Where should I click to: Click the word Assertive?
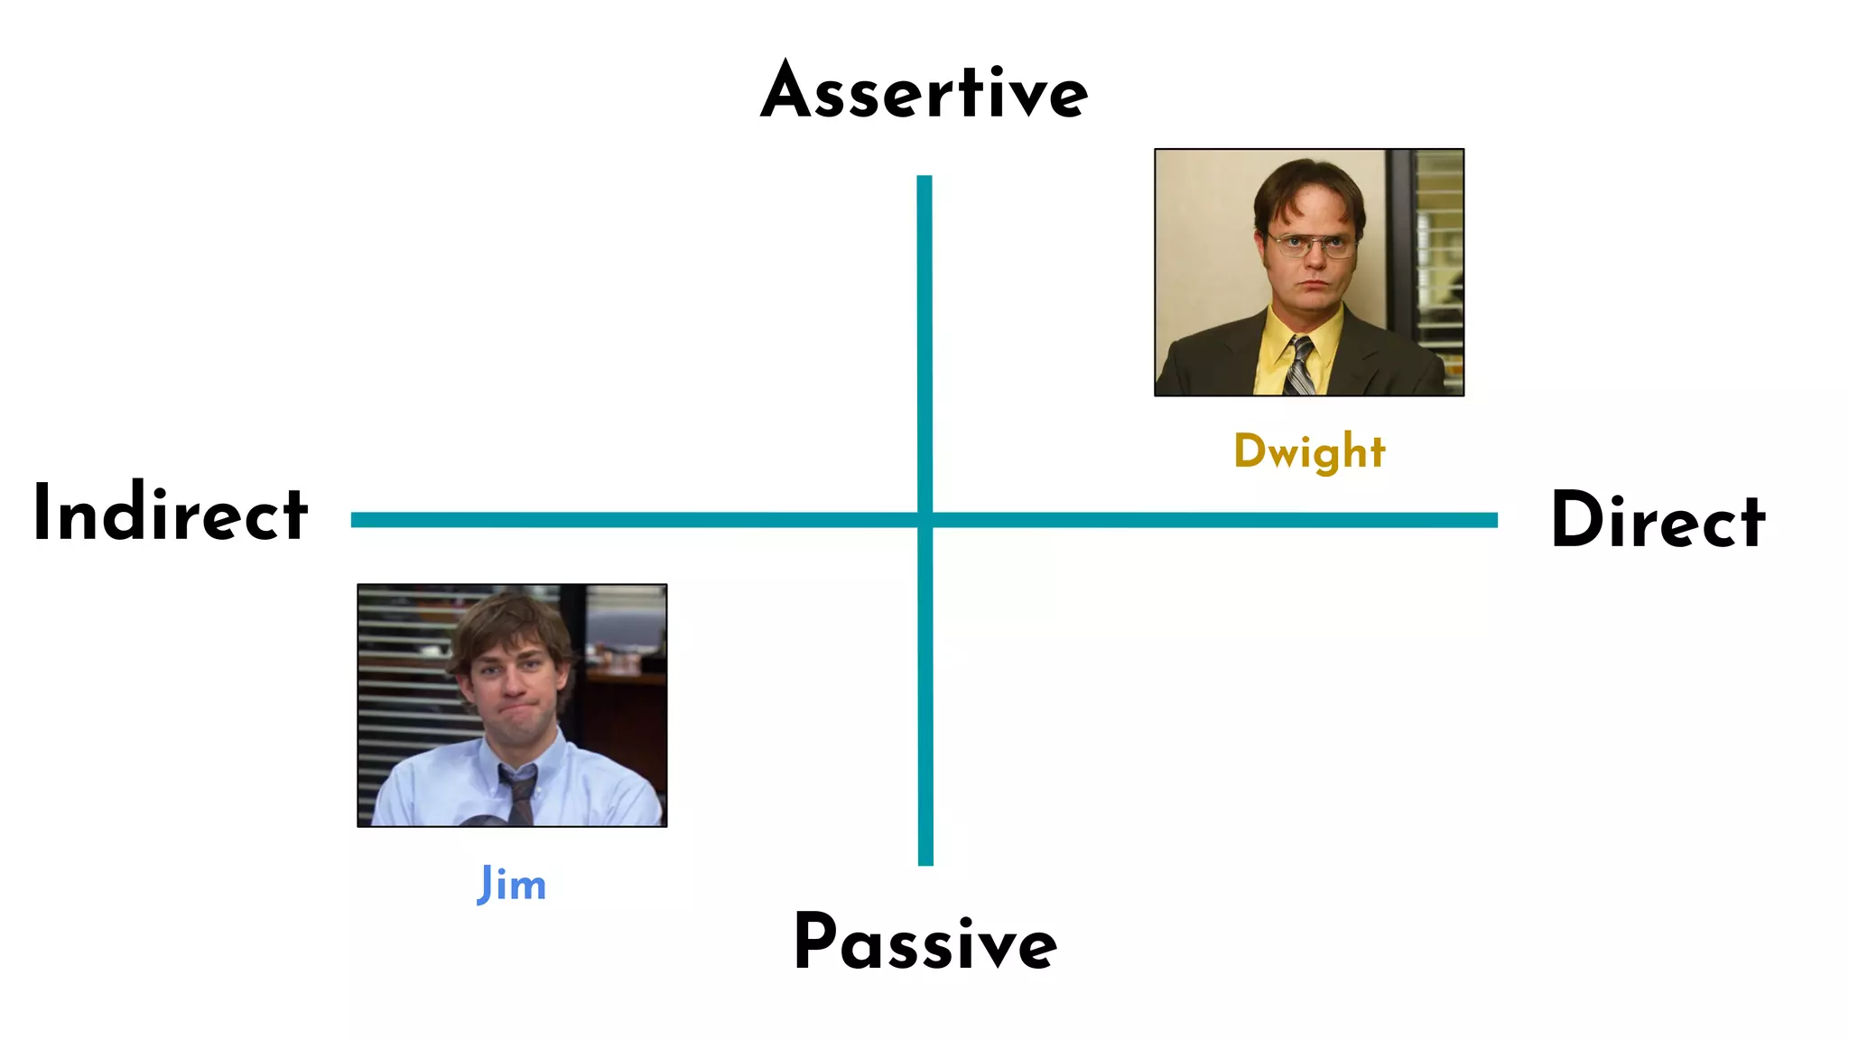[x=924, y=92]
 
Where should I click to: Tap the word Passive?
[x=925, y=942]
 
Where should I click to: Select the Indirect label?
[x=171, y=513]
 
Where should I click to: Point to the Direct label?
[x=1658, y=520]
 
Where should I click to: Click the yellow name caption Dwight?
[x=1309, y=451]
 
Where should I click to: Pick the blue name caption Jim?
[x=512, y=885]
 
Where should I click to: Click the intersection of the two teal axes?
[x=924, y=520]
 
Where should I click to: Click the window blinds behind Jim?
[x=402, y=686]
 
